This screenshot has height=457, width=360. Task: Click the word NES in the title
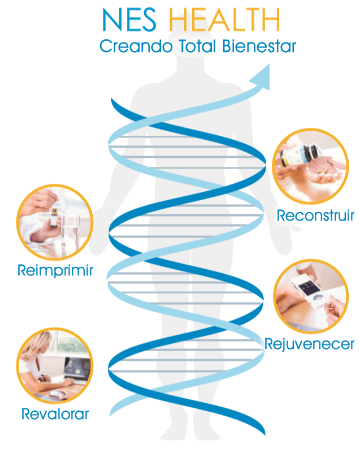[129, 20]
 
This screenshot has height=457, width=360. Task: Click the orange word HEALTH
[224, 20]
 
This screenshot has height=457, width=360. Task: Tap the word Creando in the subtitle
[136, 46]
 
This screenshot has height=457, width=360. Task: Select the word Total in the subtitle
[197, 46]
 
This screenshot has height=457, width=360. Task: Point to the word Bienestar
[259, 46]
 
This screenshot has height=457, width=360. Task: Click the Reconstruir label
[315, 215]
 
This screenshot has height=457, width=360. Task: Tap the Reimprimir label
[55, 271]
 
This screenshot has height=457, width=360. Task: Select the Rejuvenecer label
[309, 344]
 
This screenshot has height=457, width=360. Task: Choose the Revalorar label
[55, 414]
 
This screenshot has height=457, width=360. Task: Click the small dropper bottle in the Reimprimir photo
[54, 217]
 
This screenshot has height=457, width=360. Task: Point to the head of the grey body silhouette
[190, 46]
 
